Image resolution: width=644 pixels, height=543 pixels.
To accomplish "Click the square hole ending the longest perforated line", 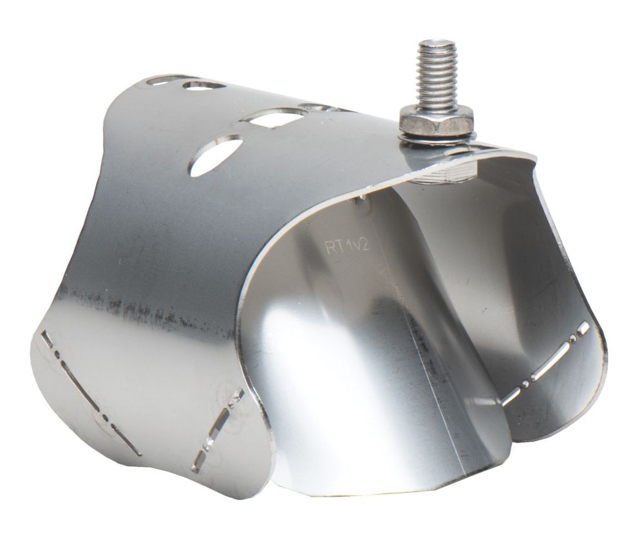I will click(46, 336).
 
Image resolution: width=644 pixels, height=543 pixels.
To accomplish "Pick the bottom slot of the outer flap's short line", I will click(201, 458).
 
